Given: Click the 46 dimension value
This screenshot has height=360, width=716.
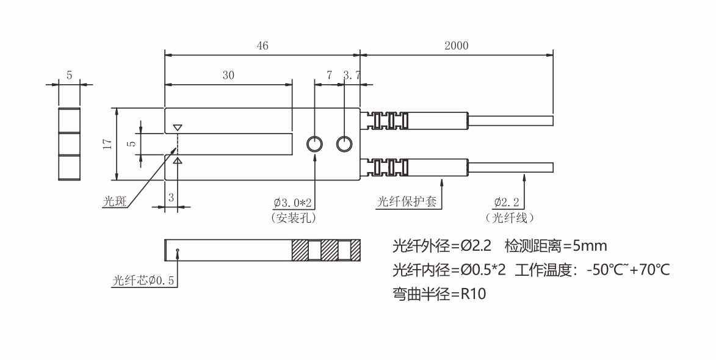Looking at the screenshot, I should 262,46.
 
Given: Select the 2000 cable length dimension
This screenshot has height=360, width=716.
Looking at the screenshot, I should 456,46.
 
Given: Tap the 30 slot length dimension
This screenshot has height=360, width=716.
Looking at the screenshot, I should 228,76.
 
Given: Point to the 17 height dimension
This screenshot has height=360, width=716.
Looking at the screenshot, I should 107,145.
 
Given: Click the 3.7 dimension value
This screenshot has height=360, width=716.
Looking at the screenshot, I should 352,76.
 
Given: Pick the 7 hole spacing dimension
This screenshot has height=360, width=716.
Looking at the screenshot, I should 330,76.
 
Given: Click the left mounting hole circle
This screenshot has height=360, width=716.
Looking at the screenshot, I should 315,144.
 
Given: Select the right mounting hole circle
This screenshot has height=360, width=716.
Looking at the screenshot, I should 345,144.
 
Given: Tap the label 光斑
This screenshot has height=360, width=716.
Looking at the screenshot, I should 115,202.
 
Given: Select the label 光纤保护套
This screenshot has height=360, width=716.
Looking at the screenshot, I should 407,202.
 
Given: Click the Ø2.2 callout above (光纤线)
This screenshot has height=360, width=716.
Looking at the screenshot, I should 509,203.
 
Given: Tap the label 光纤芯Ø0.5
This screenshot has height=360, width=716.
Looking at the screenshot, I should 144,281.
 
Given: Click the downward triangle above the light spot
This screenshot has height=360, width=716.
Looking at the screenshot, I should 177,128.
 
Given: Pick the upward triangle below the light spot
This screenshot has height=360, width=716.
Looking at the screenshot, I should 177,160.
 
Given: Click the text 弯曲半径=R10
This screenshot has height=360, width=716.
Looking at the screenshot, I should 439,294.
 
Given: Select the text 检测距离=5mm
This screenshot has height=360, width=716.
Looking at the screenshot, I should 556,246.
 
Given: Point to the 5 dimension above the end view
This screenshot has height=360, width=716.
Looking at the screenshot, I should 69,76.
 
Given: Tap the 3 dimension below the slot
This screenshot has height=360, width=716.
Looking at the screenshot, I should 171,197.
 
